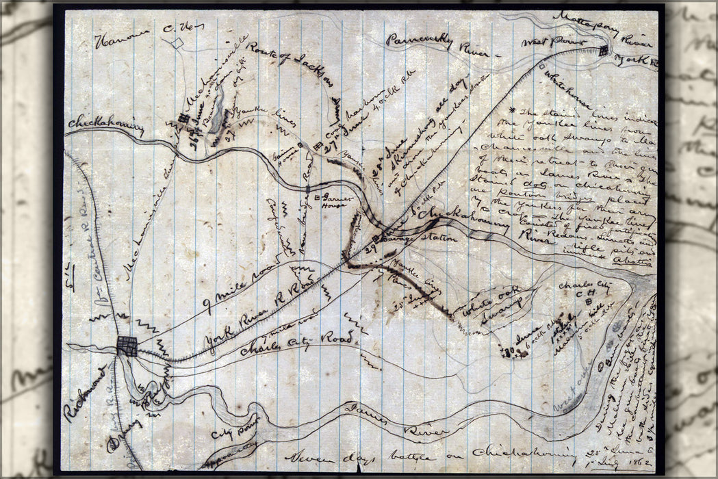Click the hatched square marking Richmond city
click(x=127, y=346)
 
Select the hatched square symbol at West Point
click(x=603, y=51)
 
